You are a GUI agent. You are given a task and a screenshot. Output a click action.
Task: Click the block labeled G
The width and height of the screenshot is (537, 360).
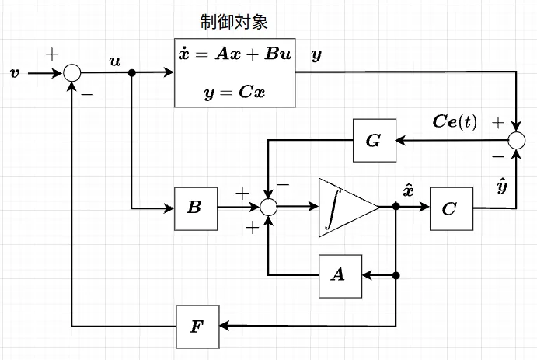(374, 141)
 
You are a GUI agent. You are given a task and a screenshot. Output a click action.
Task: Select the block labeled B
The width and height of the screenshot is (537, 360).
(195, 208)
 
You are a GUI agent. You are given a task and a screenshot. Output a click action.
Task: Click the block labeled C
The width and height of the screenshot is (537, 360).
(451, 208)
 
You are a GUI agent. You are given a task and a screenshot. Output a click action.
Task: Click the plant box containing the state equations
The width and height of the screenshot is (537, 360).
(235, 74)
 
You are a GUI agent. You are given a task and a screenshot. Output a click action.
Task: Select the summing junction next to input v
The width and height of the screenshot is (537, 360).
(72, 73)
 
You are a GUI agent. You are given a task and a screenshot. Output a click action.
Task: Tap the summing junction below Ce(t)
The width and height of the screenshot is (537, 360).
(518, 140)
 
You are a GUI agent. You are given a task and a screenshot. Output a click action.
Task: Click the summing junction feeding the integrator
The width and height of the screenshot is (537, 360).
(268, 208)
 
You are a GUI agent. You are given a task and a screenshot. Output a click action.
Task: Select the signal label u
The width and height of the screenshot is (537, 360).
(116, 61)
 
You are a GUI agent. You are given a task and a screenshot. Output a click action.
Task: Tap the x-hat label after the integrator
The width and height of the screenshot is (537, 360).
(408, 190)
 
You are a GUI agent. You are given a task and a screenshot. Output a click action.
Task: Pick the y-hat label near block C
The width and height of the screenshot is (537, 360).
(501, 187)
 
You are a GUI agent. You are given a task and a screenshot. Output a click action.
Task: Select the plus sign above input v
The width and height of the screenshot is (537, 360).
(52, 54)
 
